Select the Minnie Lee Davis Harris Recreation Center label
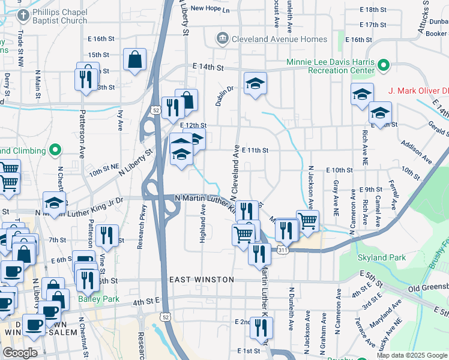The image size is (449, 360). (x=331, y=66)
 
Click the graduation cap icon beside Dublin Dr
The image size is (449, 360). (x=255, y=83)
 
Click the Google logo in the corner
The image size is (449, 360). (x=19, y=353)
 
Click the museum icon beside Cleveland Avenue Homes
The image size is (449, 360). (x=223, y=39)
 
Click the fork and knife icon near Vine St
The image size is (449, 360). (x=107, y=235)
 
